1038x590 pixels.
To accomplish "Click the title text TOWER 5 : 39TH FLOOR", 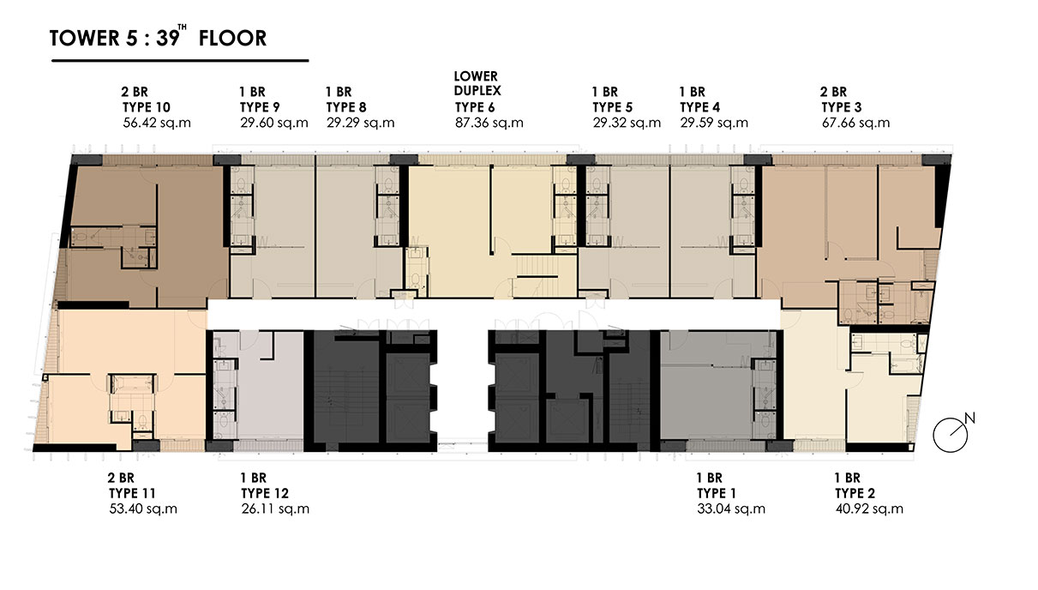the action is point(158,37).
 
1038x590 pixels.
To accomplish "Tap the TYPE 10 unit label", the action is point(147,107).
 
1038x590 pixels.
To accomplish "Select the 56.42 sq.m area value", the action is point(157,123).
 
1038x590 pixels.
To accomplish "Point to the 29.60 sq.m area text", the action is point(274,123).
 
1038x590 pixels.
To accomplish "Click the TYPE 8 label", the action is point(346,107).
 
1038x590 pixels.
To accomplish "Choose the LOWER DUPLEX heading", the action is point(477,83).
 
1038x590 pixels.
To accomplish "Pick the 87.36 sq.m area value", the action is point(489,123).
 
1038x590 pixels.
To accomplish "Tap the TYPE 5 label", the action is point(613,107).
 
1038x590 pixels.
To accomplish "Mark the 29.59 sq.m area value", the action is point(714,123).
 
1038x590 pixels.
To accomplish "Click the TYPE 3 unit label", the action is point(842,107).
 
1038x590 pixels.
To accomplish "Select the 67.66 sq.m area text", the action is point(856,123).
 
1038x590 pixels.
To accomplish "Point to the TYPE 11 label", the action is point(132,493).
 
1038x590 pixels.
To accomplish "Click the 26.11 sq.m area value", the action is point(275,509).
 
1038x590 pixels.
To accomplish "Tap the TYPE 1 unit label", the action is point(717,493).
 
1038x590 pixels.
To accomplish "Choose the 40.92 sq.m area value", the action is point(869,509).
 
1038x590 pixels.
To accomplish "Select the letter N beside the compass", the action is point(969,418).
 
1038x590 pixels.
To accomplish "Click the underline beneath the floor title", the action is point(180,60).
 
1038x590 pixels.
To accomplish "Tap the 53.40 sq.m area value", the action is point(143,509).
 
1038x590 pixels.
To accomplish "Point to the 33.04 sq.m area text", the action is point(731,509).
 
